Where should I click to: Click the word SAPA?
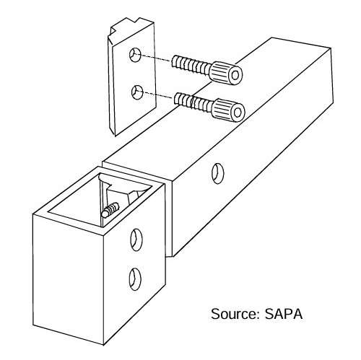point(284,314)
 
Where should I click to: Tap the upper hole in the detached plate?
point(135,55)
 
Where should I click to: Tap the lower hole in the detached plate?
point(137,92)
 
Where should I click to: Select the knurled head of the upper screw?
point(225,73)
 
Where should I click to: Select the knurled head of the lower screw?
point(228,110)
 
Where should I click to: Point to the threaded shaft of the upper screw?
point(191,65)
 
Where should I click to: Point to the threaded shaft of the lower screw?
point(193,102)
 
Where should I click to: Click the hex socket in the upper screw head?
point(235,76)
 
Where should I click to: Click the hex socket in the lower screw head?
point(238,113)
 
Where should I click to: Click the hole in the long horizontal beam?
point(218,173)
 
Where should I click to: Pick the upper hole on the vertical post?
point(136,240)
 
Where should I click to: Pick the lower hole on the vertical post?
point(135,279)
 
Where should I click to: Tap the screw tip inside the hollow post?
point(110,210)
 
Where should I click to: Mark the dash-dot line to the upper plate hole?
point(156,58)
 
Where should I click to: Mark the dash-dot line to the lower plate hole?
point(158,95)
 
